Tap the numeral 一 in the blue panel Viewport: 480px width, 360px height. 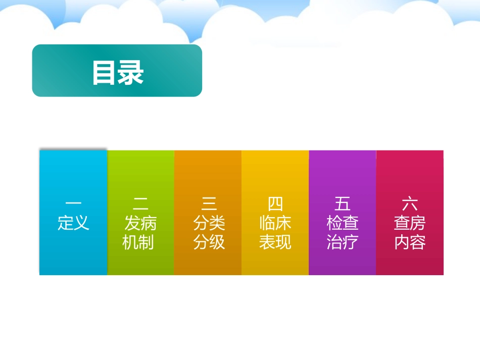tap(73, 203)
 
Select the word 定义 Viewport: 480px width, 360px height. tap(73, 223)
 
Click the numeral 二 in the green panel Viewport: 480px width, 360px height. tap(140, 203)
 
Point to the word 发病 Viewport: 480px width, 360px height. tap(140, 223)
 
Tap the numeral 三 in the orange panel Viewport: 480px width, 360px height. tap(209, 203)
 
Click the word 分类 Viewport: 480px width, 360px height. tap(209, 223)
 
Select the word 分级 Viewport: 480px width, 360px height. tap(209, 242)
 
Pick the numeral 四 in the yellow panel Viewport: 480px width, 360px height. tap(275, 203)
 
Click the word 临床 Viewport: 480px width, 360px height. tap(275, 223)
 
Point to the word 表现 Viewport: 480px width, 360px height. tap(275, 242)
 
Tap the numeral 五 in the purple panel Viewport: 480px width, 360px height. tap(343, 203)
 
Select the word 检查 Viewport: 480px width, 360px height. tap(343, 223)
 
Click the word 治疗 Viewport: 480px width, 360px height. tap(343, 242)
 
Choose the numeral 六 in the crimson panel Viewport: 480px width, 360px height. tap(410, 203)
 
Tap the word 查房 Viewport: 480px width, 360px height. tap(410, 223)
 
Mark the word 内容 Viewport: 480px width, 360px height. tap(410, 242)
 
